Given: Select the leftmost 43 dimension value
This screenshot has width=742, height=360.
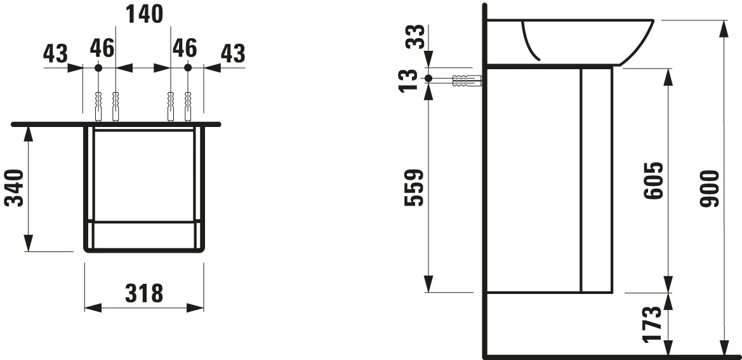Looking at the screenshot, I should pos(55,53).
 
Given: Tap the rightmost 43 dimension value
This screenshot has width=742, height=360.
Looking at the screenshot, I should pos(232,53).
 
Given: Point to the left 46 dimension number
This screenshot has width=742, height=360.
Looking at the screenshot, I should pos(102,48).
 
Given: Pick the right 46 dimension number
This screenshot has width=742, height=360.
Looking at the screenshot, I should pos(184,48).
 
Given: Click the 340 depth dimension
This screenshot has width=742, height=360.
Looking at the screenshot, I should pos(15,188).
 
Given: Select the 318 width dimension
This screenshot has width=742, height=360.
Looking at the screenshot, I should pos(143,293).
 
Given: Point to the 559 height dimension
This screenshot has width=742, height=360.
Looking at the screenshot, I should pos(414,188).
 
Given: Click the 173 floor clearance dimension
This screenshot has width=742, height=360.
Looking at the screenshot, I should pos(654,324).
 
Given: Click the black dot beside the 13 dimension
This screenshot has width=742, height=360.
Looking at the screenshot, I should pos(428,79).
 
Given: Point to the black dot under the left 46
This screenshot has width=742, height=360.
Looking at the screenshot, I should pos(98,67).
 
